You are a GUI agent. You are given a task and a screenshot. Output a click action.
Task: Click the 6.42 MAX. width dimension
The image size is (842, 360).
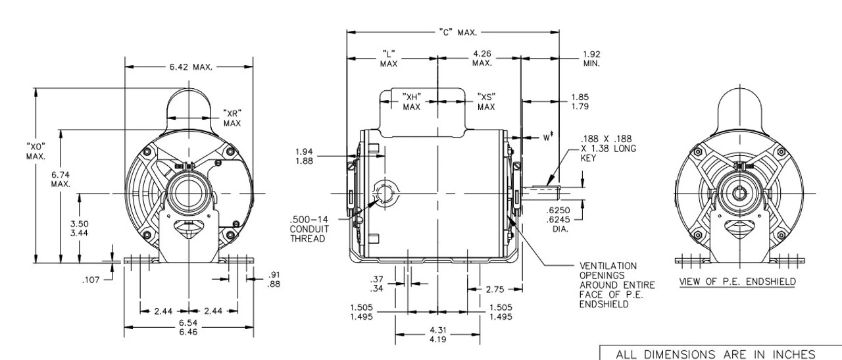pyautogui.click(x=189, y=66)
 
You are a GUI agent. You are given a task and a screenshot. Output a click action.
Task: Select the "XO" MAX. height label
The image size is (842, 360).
pyautogui.click(x=36, y=150)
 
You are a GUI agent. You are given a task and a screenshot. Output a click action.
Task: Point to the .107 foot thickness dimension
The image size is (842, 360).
pyautogui.click(x=91, y=280)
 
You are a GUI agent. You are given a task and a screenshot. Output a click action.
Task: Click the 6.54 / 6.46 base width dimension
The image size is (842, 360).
pyautogui.click(x=188, y=329)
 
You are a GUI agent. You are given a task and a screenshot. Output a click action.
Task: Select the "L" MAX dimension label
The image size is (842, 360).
pyautogui.click(x=388, y=58)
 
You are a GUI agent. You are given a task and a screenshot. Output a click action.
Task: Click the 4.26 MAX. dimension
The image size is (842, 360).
pyautogui.click(x=482, y=58)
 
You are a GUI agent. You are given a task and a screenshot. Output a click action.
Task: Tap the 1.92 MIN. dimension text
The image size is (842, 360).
pyautogui.click(x=591, y=59)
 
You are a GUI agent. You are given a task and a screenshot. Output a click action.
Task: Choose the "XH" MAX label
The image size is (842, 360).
pyautogui.click(x=412, y=101)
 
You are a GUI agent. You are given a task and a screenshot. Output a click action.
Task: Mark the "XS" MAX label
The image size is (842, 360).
pyautogui.click(x=486, y=101)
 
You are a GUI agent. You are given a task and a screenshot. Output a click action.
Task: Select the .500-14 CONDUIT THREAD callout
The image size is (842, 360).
pyautogui.click(x=308, y=228)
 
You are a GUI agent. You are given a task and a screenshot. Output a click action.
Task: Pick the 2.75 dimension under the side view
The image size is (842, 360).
pyautogui.click(x=495, y=288)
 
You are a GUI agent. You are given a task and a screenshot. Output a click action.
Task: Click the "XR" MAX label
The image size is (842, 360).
pyautogui.click(x=232, y=117)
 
